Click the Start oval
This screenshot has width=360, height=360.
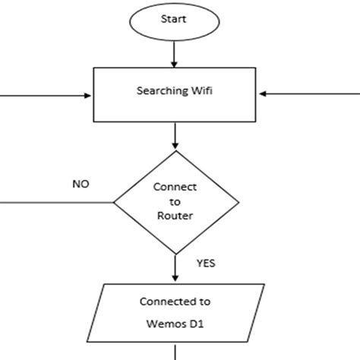point(175,21)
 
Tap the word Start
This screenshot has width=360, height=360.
point(175,21)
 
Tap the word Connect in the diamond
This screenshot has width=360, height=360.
point(175,187)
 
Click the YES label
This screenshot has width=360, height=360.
point(207,265)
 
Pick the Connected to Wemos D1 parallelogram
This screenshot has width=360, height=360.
point(175,314)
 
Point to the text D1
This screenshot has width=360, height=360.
point(199,324)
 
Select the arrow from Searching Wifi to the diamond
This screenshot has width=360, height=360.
point(175,135)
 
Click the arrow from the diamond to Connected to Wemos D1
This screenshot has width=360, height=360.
point(175,267)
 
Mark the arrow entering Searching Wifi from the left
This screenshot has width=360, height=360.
point(46,95)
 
